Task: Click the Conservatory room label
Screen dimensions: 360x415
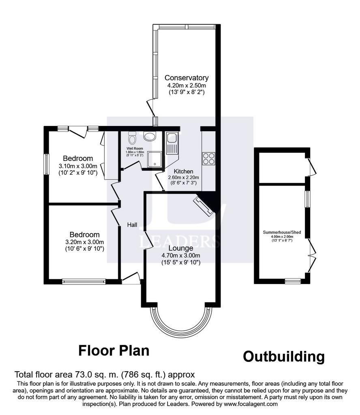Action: (x=186, y=78)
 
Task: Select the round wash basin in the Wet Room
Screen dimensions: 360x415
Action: (x=150, y=136)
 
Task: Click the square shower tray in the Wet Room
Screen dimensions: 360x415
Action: (x=154, y=159)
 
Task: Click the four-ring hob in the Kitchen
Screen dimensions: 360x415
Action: (x=208, y=158)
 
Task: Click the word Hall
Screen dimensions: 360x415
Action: (x=132, y=225)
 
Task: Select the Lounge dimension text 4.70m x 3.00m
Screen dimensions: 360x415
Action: (x=181, y=256)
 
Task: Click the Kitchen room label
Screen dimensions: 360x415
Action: (x=183, y=171)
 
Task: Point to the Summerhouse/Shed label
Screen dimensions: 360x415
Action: (x=282, y=232)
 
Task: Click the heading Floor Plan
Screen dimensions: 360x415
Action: (x=114, y=351)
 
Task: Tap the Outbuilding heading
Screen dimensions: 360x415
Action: (x=284, y=357)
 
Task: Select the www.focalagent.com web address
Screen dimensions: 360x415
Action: (x=251, y=404)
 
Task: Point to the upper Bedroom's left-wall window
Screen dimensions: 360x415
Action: (x=46, y=164)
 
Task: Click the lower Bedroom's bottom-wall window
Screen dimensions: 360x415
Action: (x=84, y=281)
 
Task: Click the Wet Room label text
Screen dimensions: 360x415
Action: (x=135, y=148)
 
